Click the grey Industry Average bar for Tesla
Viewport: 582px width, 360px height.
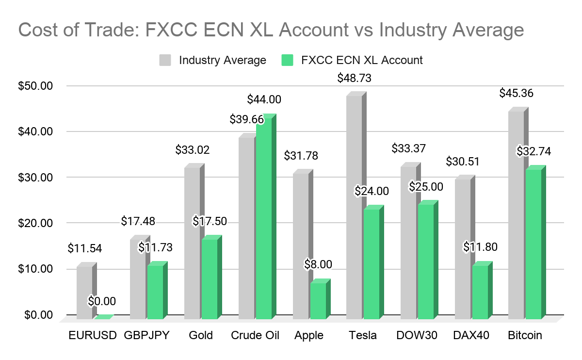(356, 205)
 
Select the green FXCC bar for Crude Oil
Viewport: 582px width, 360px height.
(266, 216)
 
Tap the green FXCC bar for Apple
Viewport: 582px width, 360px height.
(321, 299)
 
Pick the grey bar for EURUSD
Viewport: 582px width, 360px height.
(87, 291)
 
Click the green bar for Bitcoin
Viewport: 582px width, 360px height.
(536, 242)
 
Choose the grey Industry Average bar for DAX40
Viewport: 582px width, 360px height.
(465, 247)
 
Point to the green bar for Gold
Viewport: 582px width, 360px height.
(212, 277)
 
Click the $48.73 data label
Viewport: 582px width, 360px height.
(355, 78)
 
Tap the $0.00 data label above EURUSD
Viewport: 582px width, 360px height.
(101, 301)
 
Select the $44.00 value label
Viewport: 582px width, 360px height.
(264, 99)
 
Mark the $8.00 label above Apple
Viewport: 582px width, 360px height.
(318, 264)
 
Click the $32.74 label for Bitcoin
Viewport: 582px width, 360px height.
(533, 151)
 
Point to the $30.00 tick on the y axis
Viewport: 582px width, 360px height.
(35, 177)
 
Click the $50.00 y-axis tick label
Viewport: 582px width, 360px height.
(35, 86)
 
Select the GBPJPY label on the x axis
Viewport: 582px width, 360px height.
(146, 335)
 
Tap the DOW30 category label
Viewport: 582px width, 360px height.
(417, 335)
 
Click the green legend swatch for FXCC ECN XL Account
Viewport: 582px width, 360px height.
(287, 60)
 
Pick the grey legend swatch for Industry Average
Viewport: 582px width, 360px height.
(165, 60)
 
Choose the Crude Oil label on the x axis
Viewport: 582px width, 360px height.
(255, 335)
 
